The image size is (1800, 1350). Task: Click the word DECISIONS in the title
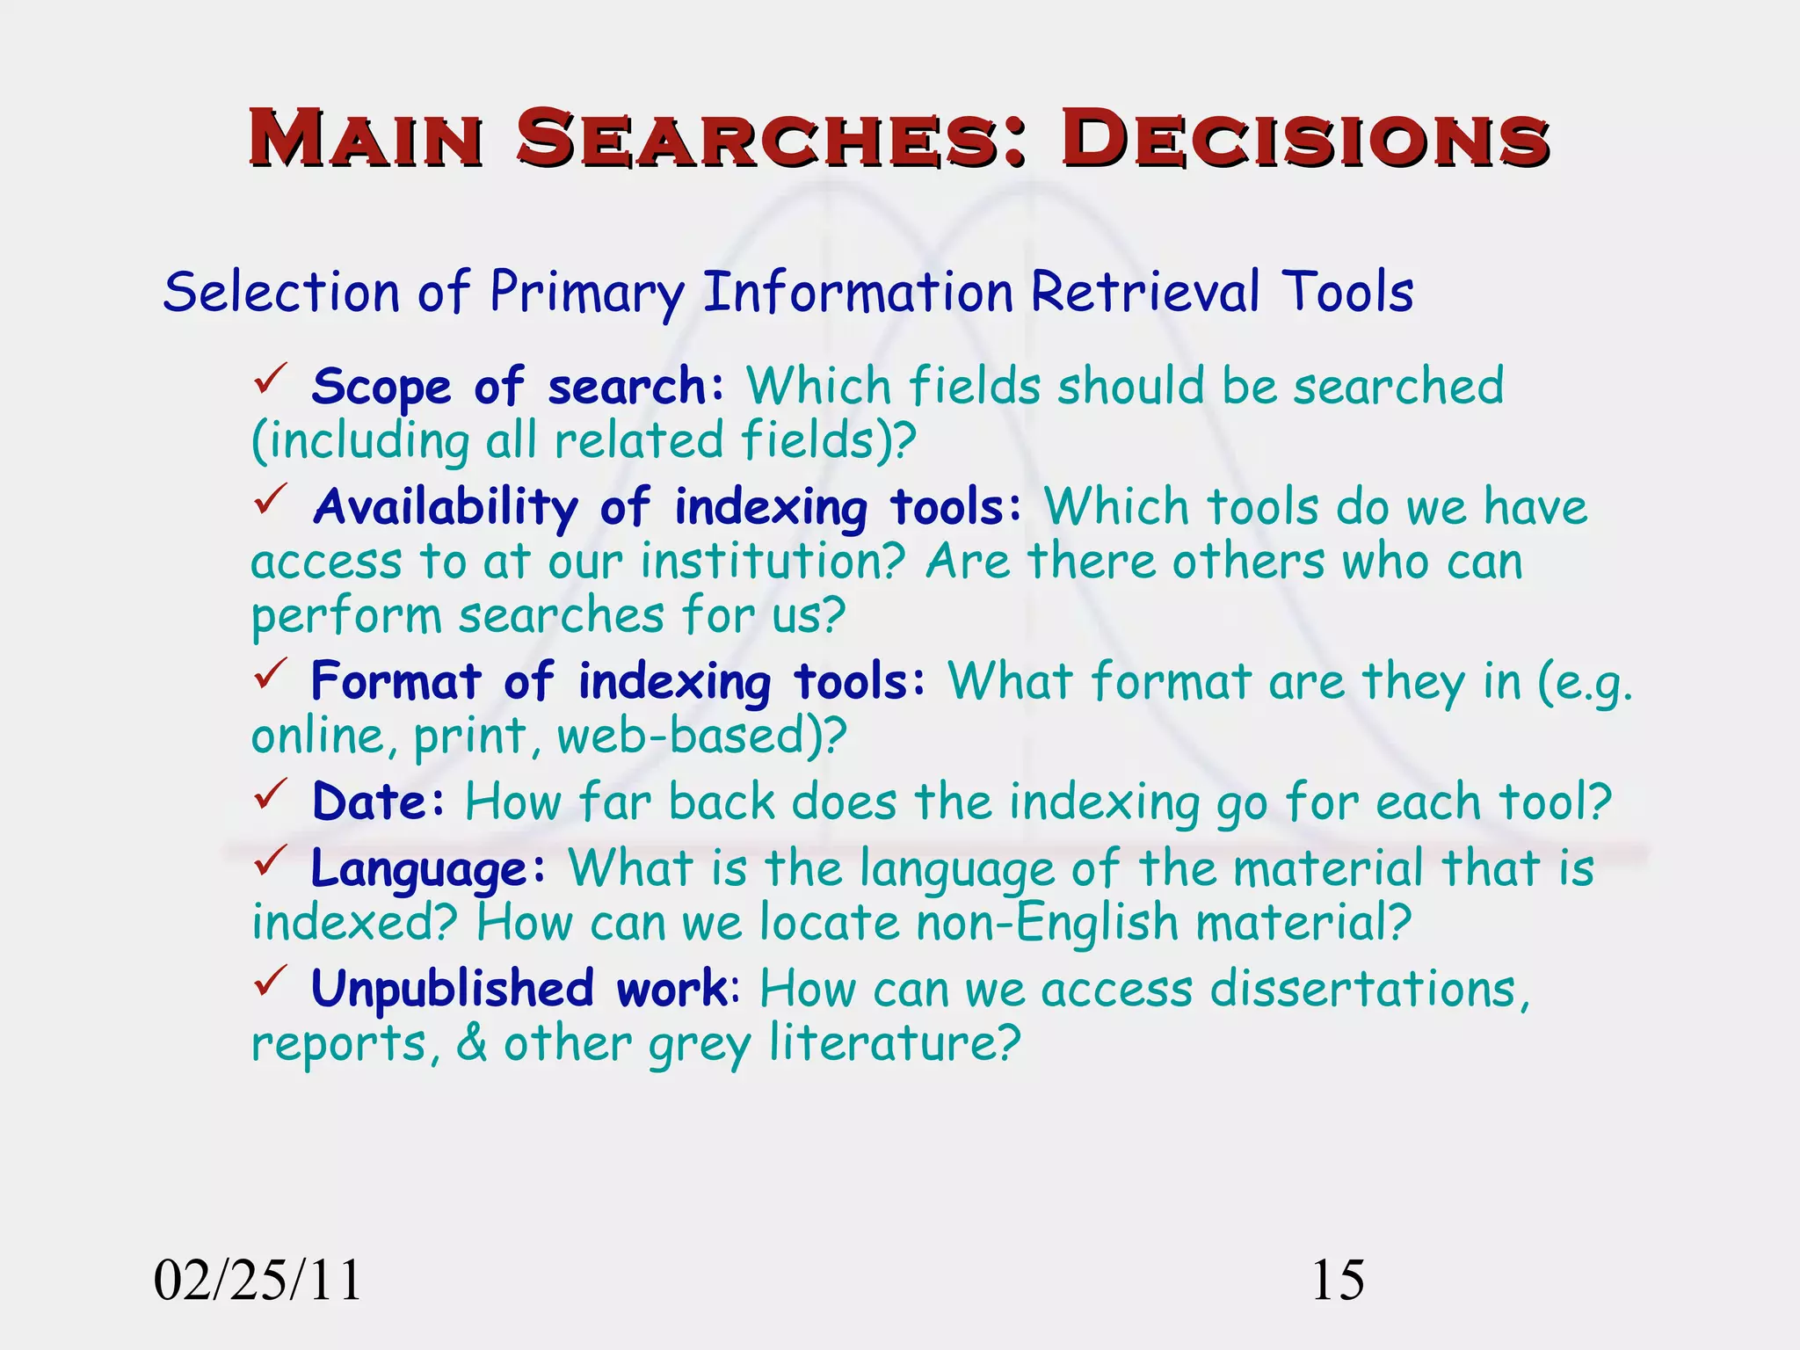tap(1305, 139)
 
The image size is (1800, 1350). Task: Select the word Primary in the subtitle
tap(587, 294)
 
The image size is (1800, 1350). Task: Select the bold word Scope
tap(381, 388)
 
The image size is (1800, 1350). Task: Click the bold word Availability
tap(446, 508)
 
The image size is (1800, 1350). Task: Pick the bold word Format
tap(396, 682)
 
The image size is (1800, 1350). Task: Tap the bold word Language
tap(419, 870)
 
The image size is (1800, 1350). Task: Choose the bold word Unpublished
tap(453, 990)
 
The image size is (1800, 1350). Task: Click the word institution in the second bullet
tap(773, 562)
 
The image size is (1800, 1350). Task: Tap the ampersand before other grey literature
tap(472, 1044)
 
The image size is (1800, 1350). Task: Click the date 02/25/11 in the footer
tap(258, 1281)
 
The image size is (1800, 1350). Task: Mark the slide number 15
tap(1338, 1281)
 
